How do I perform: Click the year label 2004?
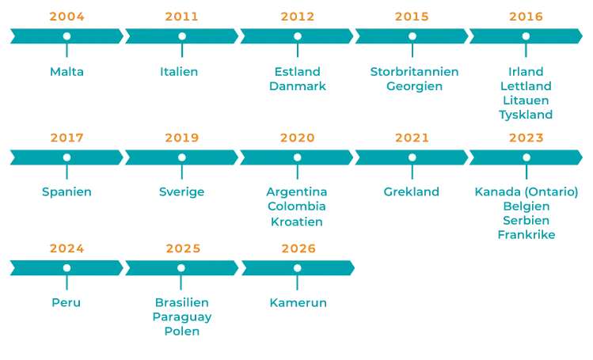click(x=67, y=17)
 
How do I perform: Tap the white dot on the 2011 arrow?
click(x=182, y=36)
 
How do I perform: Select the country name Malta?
click(x=67, y=72)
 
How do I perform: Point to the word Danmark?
click(x=297, y=86)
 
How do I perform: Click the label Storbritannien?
click(x=414, y=72)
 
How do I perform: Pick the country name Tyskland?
click(x=526, y=115)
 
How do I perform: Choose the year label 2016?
click(x=526, y=17)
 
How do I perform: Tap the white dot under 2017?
click(x=67, y=157)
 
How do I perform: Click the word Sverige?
click(x=181, y=192)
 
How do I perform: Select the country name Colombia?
click(x=296, y=207)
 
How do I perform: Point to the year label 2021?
click(x=412, y=138)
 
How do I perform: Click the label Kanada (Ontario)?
click(x=526, y=192)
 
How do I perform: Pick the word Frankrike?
click(x=526, y=235)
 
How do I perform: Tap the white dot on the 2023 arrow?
click(x=526, y=157)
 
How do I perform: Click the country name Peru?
click(x=67, y=302)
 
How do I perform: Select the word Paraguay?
click(x=182, y=317)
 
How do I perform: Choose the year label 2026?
click(x=298, y=248)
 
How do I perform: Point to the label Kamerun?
click(x=298, y=303)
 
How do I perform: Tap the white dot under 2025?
click(x=181, y=268)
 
